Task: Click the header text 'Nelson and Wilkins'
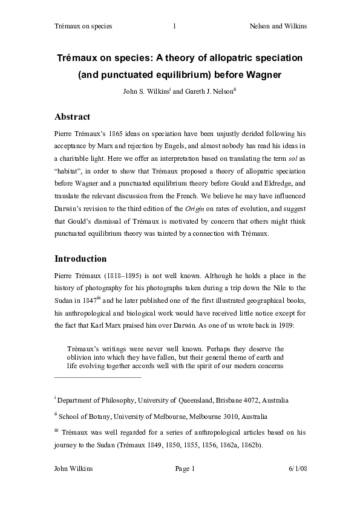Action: click(278, 26)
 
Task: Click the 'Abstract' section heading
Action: click(73, 117)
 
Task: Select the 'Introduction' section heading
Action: click(80, 259)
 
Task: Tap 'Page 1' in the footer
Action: click(185, 469)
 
